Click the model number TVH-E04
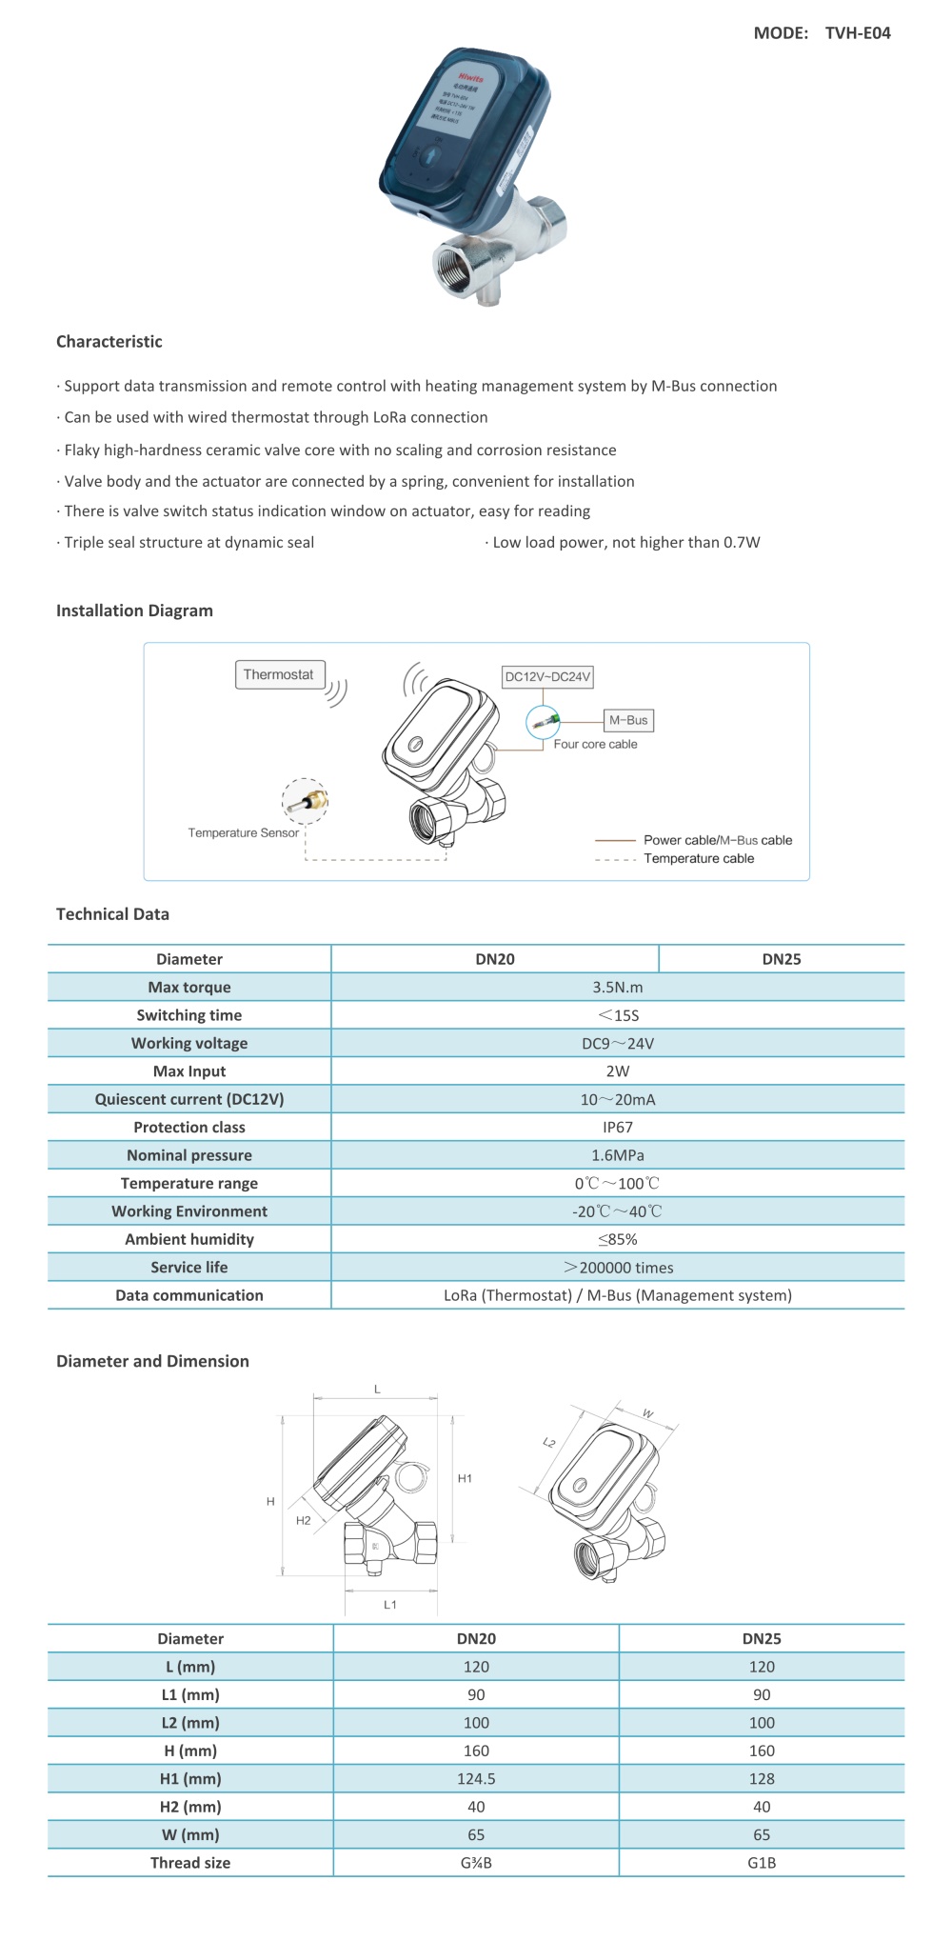pyautogui.click(x=857, y=33)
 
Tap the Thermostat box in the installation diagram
pyautogui.click(x=279, y=674)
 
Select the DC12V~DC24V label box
pyautogui.click(x=547, y=677)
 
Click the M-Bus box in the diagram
pyautogui.click(x=628, y=721)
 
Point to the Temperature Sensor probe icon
pyautogui.click(x=306, y=800)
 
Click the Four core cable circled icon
pyautogui.click(x=544, y=723)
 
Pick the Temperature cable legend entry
pyautogui.click(x=698, y=859)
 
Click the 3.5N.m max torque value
pyautogui.click(x=617, y=988)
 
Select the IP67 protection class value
pyautogui.click(x=617, y=1128)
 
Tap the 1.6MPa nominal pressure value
pyautogui.click(x=617, y=1155)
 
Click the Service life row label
pyautogui.click(x=188, y=1268)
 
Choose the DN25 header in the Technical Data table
pyautogui.click(x=781, y=959)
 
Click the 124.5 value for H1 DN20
pyautogui.click(x=476, y=1779)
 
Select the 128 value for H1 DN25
pyautogui.click(x=762, y=1779)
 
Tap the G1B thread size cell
pyautogui.click(x=762, y=1863)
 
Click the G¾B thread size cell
pyautogui.click(x=476, y=1863)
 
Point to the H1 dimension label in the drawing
pyautogui.click(x=465, y=1479)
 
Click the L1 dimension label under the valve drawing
pyautogui.click(x=390, y=1605)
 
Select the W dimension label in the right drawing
pyautogui.click(x=648, y=1414)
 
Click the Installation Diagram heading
pyautogui.click(x=134, y=611)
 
